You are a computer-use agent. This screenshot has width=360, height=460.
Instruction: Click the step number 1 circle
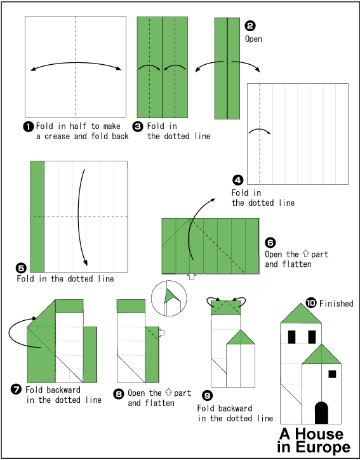pos(28,126)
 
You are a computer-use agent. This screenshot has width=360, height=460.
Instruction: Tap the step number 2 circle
pos(250,26)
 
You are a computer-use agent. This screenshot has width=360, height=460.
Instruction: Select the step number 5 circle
pos(21,268)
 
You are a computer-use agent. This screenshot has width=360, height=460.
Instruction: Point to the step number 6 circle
pos(270,243)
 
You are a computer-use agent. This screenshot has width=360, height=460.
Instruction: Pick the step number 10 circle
pos(310,302)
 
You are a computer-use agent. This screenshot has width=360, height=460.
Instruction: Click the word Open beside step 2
pos(253,39)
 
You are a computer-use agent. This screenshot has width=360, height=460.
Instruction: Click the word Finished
pos(336,304)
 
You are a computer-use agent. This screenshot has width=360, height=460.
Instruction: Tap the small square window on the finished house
pos(332,374)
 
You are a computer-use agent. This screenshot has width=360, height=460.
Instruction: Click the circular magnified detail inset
pos(170,297)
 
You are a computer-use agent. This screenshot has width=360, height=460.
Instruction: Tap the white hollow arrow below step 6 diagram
pos(192,276)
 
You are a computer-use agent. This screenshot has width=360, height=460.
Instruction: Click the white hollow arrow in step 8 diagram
pos(162,332)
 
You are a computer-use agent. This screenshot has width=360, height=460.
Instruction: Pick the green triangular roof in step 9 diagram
pos(241,338)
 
